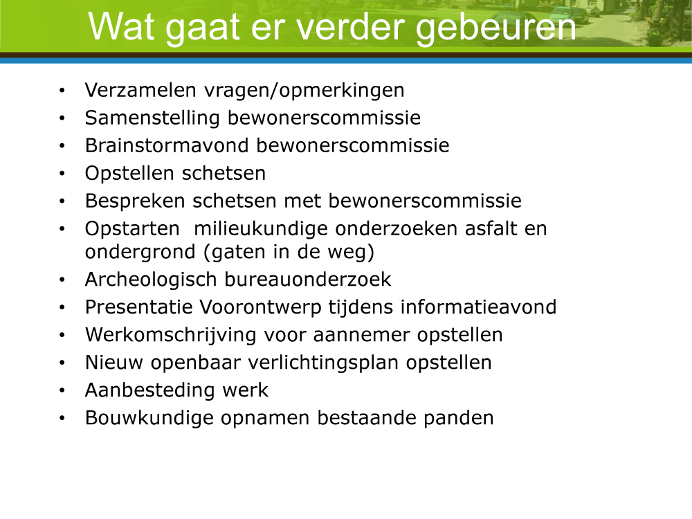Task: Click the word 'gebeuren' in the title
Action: click(496, 28)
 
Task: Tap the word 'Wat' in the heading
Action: click(121, 26)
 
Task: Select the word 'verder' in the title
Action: click(351, 26)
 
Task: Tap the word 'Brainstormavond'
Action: click(167, 145)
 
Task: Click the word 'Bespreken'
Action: click(135, 201)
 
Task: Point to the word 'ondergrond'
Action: click(140, 253)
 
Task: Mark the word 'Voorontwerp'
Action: click(260, 308)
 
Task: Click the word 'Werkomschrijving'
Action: click(170, 336)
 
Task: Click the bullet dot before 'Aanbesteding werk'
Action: click(62, 390)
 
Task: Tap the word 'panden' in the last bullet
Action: click(458, 419)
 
